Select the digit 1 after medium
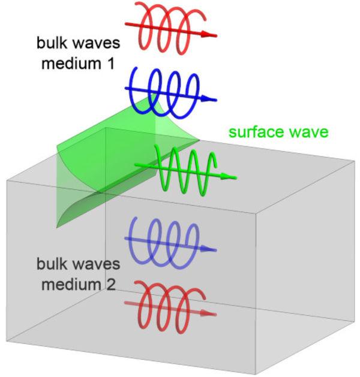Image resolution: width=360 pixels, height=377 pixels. [109, 62]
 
